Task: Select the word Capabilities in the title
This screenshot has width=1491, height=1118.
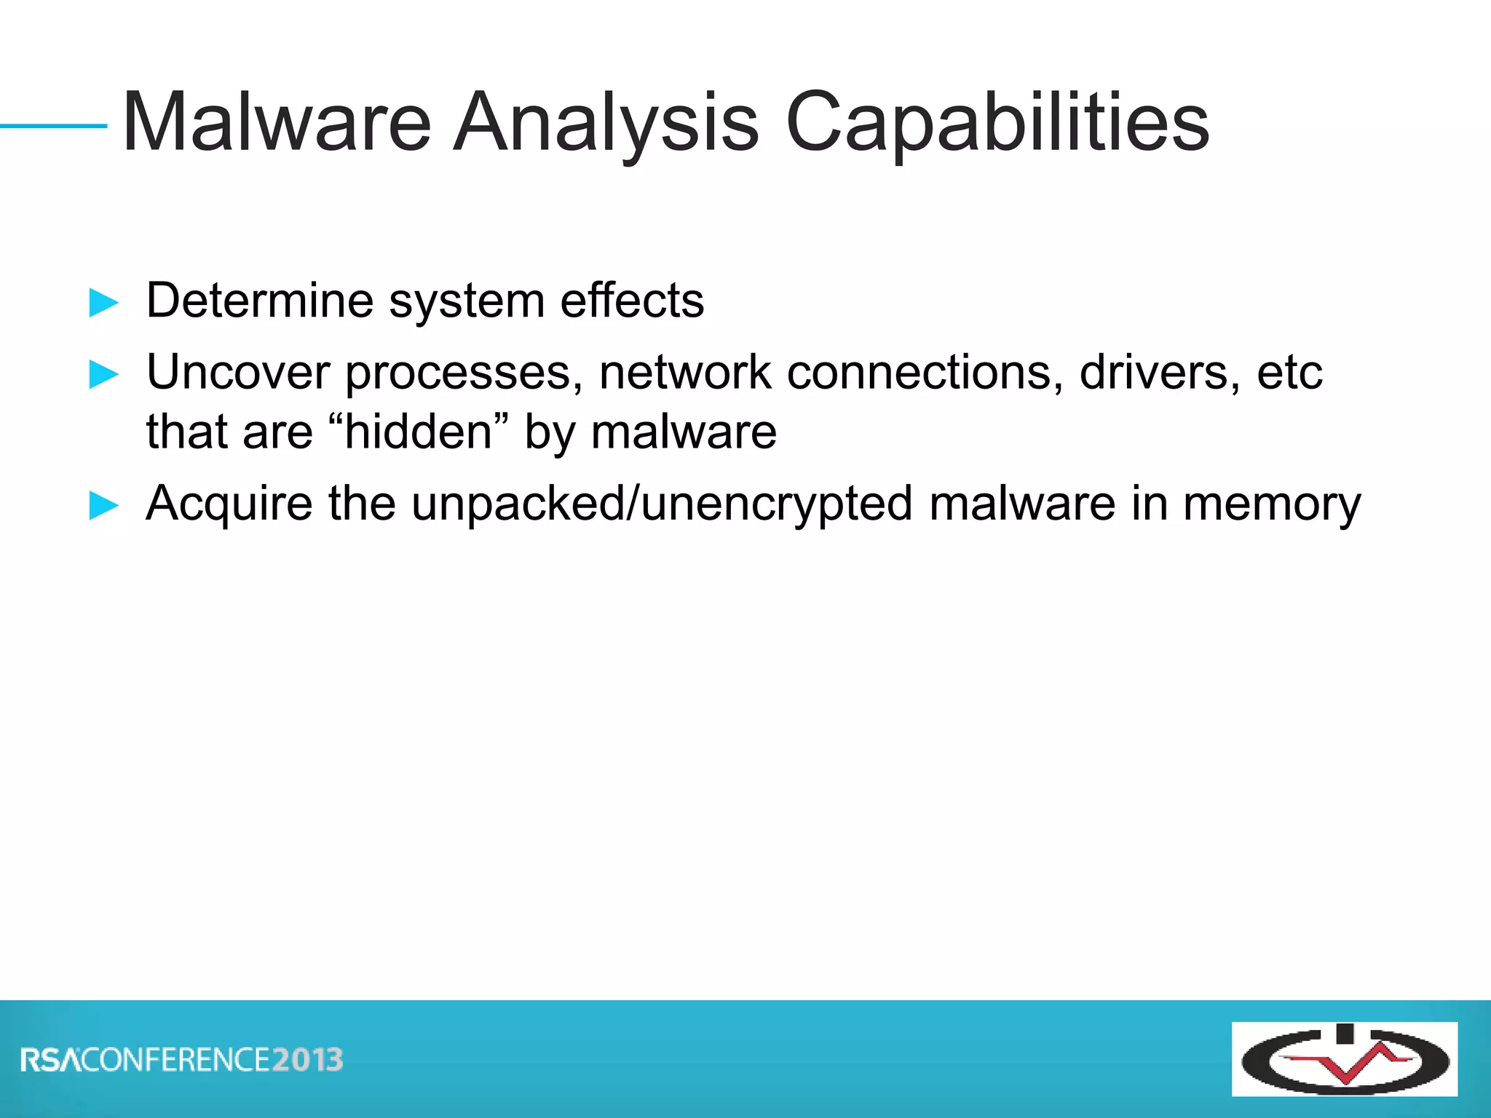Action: tap(997, 124)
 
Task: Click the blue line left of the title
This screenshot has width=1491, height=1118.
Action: tap(54, 126)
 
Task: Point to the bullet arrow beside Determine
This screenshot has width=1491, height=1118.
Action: tap(103, 302)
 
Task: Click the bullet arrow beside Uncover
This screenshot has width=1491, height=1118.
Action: tap(103, 375)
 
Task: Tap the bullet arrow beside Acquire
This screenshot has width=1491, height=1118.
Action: tap(103, 505)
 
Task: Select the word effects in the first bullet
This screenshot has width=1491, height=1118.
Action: tap(632, 300)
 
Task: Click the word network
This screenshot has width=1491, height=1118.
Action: tap(684, 373)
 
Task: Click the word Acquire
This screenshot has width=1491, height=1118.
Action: tap(229, 504)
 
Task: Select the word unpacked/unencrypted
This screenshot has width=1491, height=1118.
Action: tap(662, 504)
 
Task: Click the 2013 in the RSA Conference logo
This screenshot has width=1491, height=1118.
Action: tap(307, 1060)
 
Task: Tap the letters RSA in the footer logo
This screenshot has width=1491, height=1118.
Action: tap(51, 1060)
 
